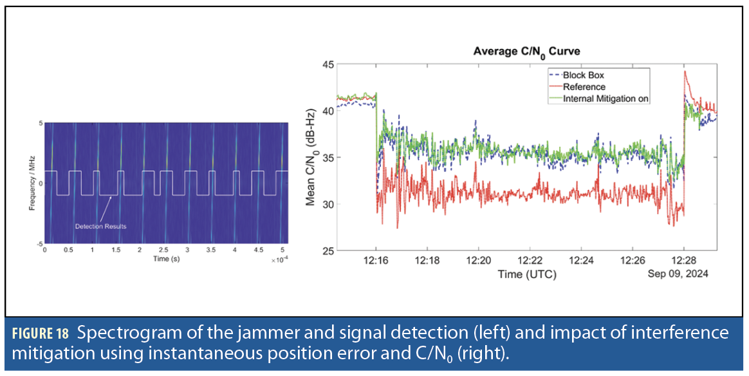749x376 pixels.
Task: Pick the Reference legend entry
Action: click(x=584, y=87)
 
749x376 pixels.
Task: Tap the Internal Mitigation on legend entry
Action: click(x=606, y=99)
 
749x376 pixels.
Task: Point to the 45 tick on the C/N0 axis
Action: click(x=329, y=64)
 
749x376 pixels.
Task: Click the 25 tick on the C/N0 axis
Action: click(x=329, y=250)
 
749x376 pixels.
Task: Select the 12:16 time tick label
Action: click(x=376, y=261)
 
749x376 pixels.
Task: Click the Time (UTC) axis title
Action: click(x=527, y=274)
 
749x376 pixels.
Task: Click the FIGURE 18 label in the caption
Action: click(x=41, y=334)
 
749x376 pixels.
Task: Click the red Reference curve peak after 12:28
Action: click(x=686, y=72)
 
